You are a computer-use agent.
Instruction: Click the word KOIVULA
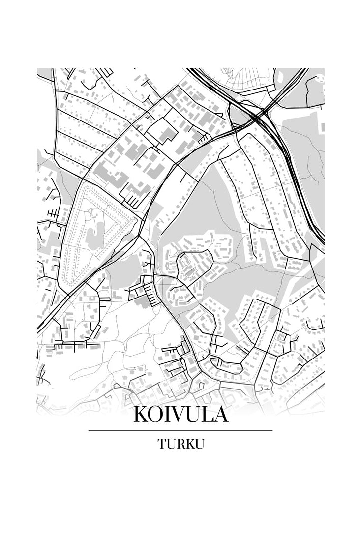[x=180, y=415]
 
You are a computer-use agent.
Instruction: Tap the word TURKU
[x=180, y=444]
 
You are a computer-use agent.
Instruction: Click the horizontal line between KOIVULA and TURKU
[x=180, y=430]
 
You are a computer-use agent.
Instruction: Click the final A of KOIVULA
[x=220, y=415]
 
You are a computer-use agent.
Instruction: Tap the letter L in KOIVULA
[x=206, y=415]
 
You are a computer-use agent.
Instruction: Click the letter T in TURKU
[x=162, y=444]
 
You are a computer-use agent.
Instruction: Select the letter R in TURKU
[x=180, y=444]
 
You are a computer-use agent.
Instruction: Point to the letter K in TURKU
[x=190, y=444]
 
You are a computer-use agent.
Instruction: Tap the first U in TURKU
[x=171, y=444]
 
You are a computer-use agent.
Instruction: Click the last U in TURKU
[x=199, y=444]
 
